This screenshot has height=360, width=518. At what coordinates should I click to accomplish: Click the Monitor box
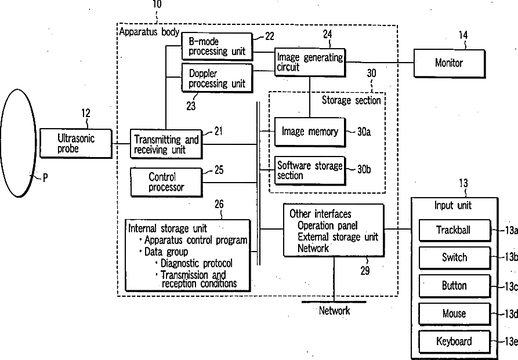point(450,63)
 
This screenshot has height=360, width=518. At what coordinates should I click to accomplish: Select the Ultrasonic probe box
point(76,143)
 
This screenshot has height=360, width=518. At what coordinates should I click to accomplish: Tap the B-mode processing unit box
point(217,46)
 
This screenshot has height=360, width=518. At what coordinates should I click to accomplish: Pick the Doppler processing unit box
point(217,78)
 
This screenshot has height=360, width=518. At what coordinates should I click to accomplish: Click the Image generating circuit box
point(310,63)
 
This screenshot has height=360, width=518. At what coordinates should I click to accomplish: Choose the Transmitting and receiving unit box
point(166,144)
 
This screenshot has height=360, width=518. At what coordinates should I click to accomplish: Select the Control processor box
point(166,182)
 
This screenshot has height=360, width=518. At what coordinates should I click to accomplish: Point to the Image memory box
point(310,132)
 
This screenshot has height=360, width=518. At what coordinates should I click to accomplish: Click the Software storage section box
point(310,170)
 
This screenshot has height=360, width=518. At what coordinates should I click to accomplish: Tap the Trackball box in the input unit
point(455,230)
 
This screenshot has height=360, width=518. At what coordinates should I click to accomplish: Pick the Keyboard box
point(455,342)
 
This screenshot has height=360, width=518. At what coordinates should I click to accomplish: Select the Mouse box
point(455,314)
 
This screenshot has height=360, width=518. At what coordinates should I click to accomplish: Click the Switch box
point(455,257)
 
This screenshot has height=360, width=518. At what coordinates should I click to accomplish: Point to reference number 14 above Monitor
point(463,35)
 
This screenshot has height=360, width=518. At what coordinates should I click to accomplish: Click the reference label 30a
point(364,132)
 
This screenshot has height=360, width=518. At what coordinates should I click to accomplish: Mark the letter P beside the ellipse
point(45,178)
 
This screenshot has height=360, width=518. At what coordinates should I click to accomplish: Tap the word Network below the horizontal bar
point(334,311)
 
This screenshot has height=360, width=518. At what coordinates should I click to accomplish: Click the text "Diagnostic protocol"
point(197,263)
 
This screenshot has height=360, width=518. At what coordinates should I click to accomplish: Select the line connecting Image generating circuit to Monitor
point(380,62)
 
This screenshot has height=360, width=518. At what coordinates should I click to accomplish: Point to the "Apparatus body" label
point(149,32)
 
